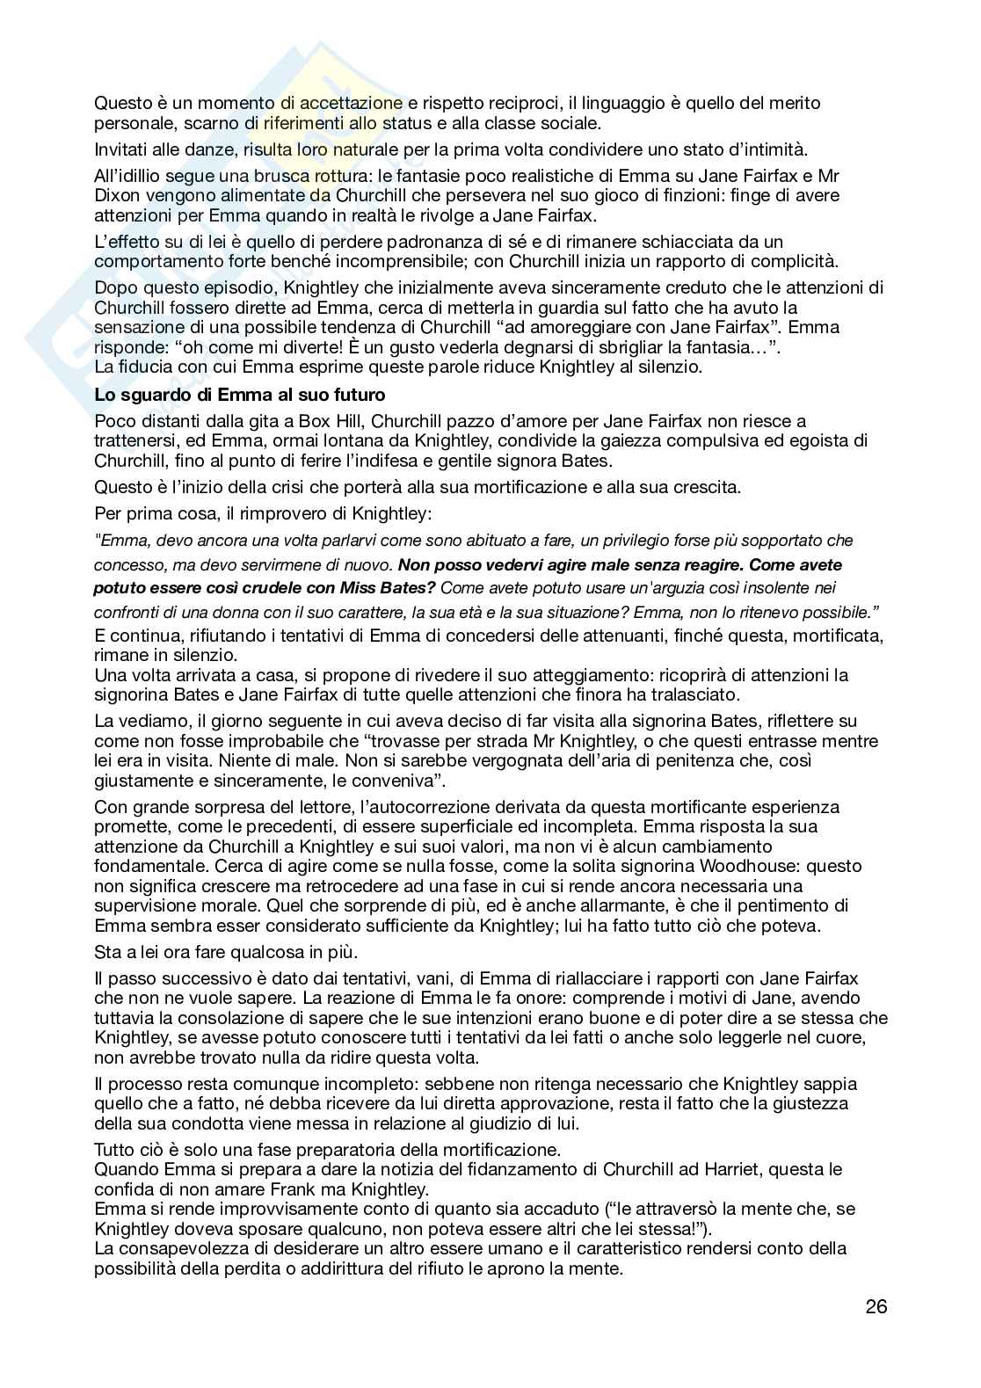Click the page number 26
(876, 1306)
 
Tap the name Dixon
(117, 195)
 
